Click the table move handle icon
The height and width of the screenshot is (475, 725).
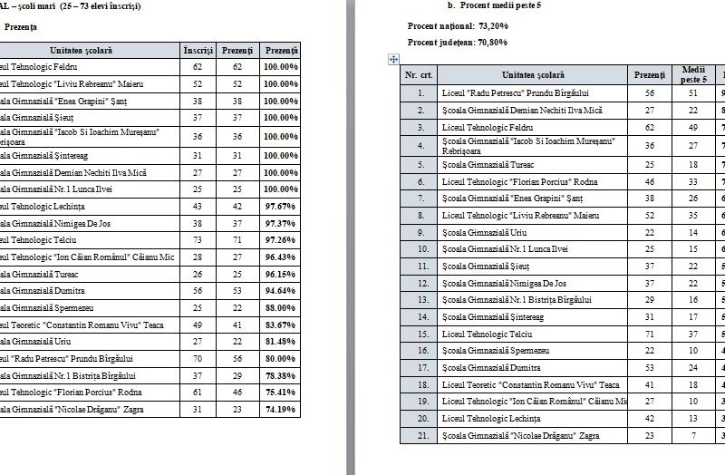[393, 60]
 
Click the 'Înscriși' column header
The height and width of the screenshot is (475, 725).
[198, 48]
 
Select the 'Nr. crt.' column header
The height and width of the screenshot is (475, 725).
[418, 75]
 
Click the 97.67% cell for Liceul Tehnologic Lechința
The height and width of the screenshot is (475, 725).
[281, 207]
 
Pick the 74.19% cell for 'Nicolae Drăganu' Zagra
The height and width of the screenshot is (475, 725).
[281, 410]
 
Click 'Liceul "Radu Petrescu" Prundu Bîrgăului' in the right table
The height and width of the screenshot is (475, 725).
[516, 92]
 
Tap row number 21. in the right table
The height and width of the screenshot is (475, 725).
[418, 435]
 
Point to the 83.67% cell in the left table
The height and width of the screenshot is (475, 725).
[281, 324]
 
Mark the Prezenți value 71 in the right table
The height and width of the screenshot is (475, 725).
[649, 333]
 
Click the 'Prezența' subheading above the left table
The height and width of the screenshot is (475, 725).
[20, 27]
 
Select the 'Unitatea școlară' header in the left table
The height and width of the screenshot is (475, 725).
[85, 48]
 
